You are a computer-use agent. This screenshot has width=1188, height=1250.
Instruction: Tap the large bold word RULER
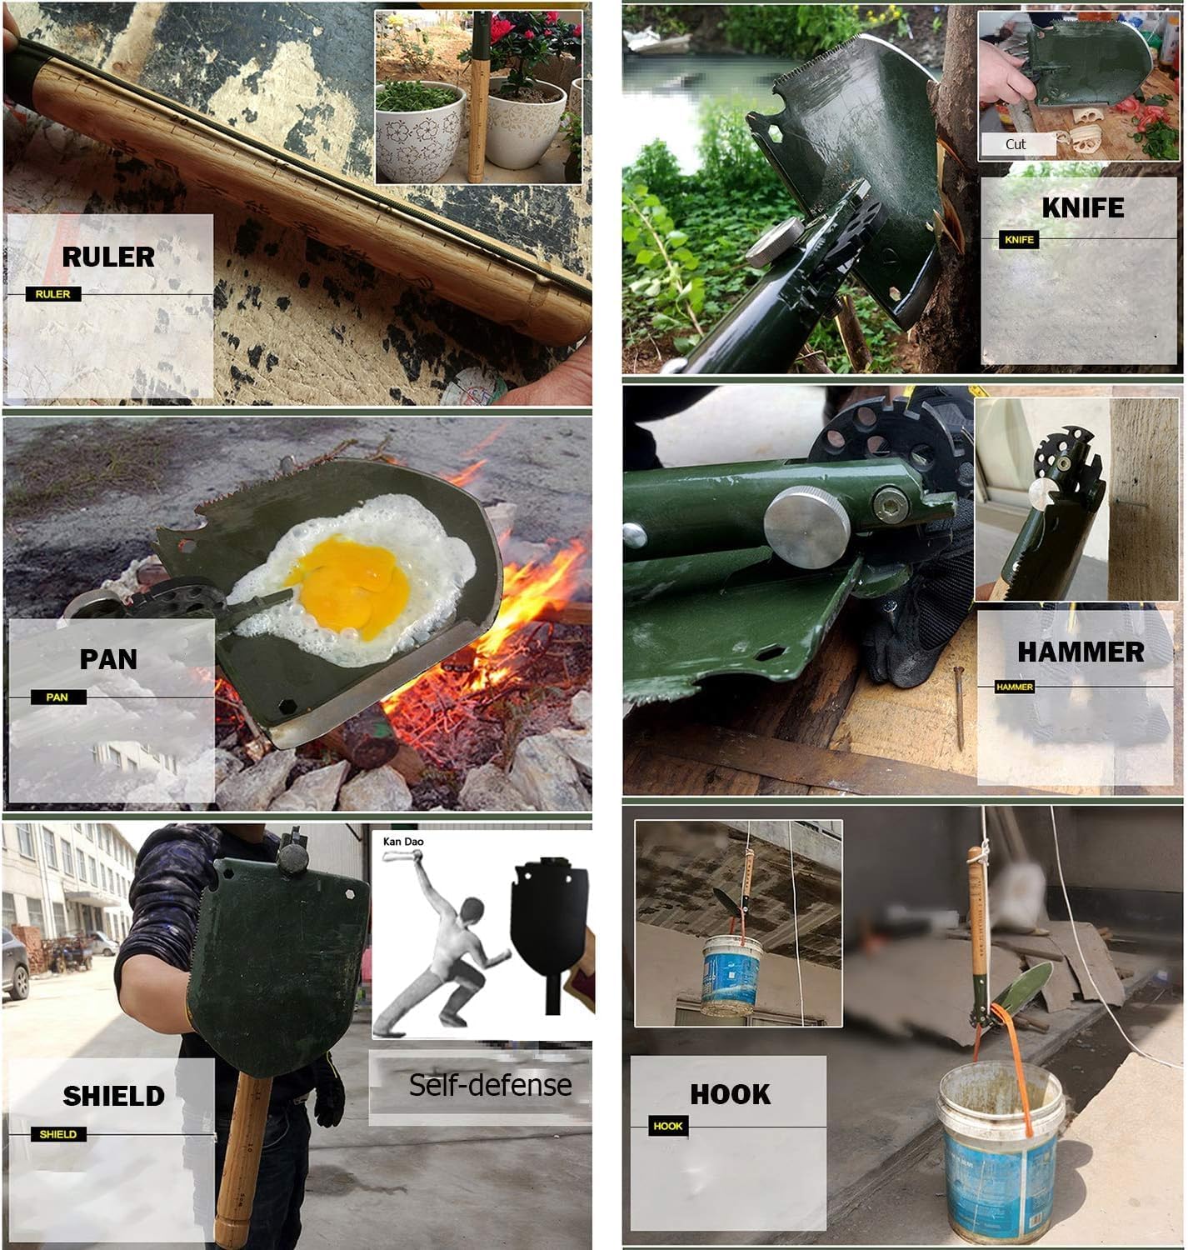pyautogui.click(x=108, y=257)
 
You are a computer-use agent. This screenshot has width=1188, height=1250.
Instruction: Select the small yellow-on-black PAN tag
pyautogui.click(x=57, y=697)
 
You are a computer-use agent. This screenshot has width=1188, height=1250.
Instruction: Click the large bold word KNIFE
pyautogui.click(x=1082, y=207)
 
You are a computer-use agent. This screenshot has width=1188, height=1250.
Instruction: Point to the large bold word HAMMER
pyautogui.click(x=1081, y=652)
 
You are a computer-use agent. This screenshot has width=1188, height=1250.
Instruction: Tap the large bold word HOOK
pyautogui.click(x=730, y=1094)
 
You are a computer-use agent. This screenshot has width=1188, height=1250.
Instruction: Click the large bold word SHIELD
pyautogui.click(x=113, y=1096)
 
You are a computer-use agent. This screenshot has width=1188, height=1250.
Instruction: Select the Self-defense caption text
pyautogui.click(x=490, y=1085)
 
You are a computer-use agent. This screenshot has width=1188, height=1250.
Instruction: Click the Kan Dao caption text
pyautogui.click(x=403, y=842)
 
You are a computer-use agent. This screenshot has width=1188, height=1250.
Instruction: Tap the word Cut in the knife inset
pyautogui.click(x=1015, y=144)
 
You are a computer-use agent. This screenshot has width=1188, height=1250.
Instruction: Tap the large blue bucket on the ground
pyautogui.click(x=1000, y=1150)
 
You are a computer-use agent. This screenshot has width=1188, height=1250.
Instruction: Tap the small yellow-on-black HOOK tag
pyautogui.click(x=668, y=1126)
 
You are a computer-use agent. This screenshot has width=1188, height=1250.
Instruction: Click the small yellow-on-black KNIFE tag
pyautogui.click(x=1019, y=240)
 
